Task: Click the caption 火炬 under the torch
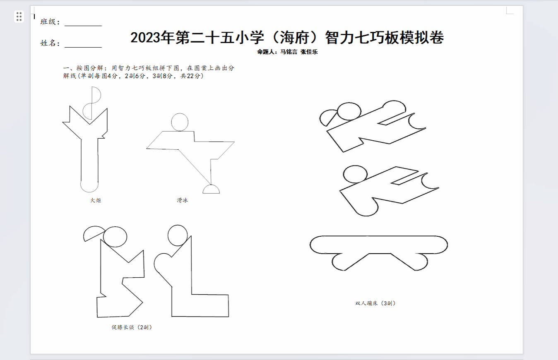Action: (x=96, y=200)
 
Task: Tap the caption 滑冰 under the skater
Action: (x=183, y=200)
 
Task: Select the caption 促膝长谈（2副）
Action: (x=132, y=327)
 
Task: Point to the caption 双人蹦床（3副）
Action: (x=375, y=303)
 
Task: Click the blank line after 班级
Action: (x=83, y=25)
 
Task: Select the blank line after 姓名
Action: (x=83, y=47)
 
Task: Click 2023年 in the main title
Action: (x=152, y=38)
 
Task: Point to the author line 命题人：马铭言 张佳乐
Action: (x=287, y=52)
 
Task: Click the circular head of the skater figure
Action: (x=180, y=122)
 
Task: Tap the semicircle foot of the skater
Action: (x=211, y=189)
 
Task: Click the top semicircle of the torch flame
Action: (x=96, y=95)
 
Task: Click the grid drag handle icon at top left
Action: (x=19, y=17)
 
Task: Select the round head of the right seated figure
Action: (x=178, y=235)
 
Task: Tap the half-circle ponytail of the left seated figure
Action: (x=94, y=233)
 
